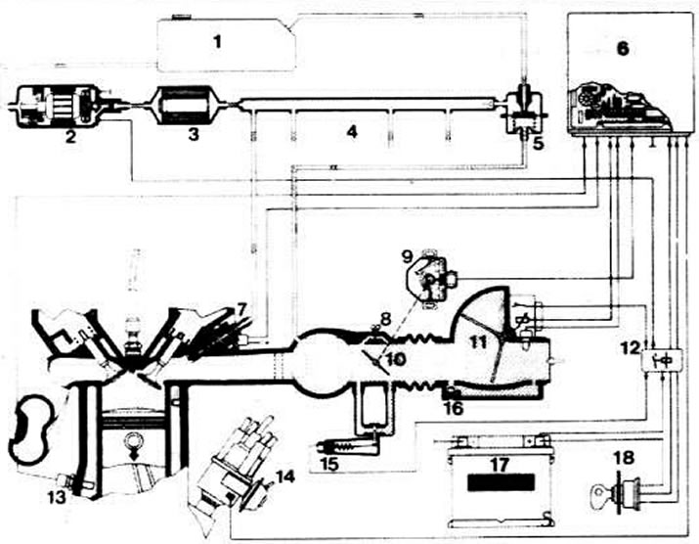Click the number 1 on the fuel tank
pyautogui.click(x=219, y=42)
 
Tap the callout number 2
pyautogui.click(x=70, y=137)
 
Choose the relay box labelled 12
pyautogui.click(x=651, y=359)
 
